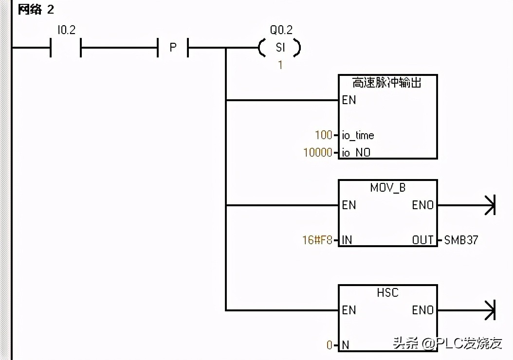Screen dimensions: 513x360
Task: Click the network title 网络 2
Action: coord(36,9)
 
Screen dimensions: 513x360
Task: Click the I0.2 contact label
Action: coord(66,30)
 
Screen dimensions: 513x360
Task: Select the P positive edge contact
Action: coord(173,48)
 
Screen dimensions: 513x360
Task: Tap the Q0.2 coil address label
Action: coord(281,30)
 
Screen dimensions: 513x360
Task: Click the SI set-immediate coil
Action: coord(280,48)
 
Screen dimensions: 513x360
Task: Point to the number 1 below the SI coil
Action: coord(280,65)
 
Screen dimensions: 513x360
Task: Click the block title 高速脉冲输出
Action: coord(387,83)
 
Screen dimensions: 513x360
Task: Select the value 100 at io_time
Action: coord(323,135)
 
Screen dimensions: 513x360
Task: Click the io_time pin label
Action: coord(358,135)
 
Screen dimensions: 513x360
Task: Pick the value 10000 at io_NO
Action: coord(317,153)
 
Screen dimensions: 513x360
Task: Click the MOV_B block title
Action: coord(387,188)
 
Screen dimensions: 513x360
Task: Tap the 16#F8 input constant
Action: coord(316,240)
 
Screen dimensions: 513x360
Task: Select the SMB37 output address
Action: coord(461,240)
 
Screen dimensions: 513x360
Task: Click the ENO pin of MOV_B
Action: coord(422,205)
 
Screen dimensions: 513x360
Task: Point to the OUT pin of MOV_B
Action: coord(422,240)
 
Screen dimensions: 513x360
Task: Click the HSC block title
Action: coord(387,293)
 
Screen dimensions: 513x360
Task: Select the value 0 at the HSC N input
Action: coord(330,345)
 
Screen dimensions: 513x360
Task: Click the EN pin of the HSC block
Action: coord(349,310)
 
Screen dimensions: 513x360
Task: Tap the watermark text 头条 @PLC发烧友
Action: coord(447,343)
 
